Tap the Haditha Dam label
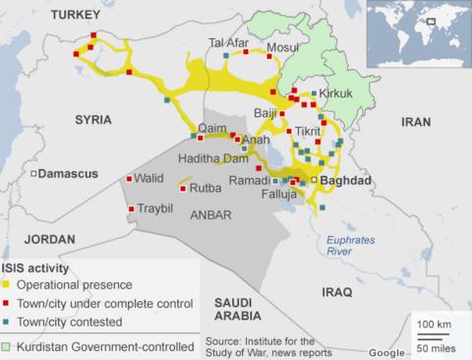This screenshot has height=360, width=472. [x=212, y=158]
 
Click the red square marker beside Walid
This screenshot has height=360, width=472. [x=130, y=179]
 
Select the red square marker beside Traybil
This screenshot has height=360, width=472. [x=130, y=210]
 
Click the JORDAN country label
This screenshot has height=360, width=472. [x=49, y=239]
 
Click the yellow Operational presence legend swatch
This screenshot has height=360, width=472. [x=7, y=284]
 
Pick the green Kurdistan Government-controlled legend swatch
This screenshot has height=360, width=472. [x=7, y=347]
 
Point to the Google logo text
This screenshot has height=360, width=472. [x=386, y=351]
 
